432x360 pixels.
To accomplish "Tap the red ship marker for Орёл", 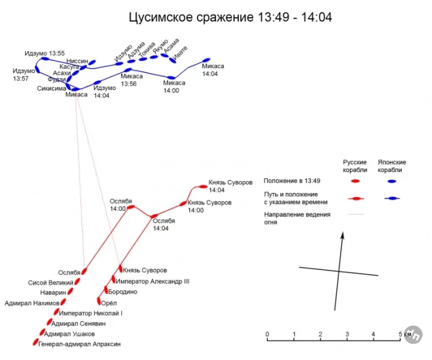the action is pyautogui.click(x=99, y=301).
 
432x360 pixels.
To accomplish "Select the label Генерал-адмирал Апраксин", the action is pyautogui.click(x=80, y=344).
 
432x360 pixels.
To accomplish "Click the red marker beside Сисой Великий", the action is pyautogui.click(x=77, y=281).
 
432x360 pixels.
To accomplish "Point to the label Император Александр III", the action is pyautogui.click(x=152, y=282).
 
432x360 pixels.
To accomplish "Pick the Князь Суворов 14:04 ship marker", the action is pyautogui.click(x=203, y=187).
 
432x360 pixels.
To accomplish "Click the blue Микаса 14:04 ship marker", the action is pyautogui.click(x=206, y=60).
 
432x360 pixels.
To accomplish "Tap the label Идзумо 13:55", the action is pyautogui.click(x=44, y=53).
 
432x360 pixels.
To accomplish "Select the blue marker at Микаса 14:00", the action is pyautogui.click(x=171, y=78).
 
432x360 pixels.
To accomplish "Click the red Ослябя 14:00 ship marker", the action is pyautogui.click(x=131, y=207).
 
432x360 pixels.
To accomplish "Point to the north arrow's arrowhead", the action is pyautogui.click(x=343, y=236).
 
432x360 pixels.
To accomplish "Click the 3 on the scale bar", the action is pyautogui.click(x=347, y=334).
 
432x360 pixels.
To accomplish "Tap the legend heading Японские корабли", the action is pyautogui.click(x=391, y=166).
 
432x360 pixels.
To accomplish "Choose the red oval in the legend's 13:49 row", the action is pyautogui.click(x=355, y=181).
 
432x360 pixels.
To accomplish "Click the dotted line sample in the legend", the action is pyautogui.click(x=356, y=214).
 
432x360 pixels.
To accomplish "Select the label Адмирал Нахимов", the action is pyautogui.click(x=32, y=303).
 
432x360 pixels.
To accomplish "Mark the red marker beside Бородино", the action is pyautogui.click(x=106, y=290).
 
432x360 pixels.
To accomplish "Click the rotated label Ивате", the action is pyautogui.click(x=180, y=52).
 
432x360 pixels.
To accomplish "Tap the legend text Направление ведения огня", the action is pyautogui.click(x=297, y=218).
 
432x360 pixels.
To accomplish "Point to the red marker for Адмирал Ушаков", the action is pyautogui.click(x=43, y=332).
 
